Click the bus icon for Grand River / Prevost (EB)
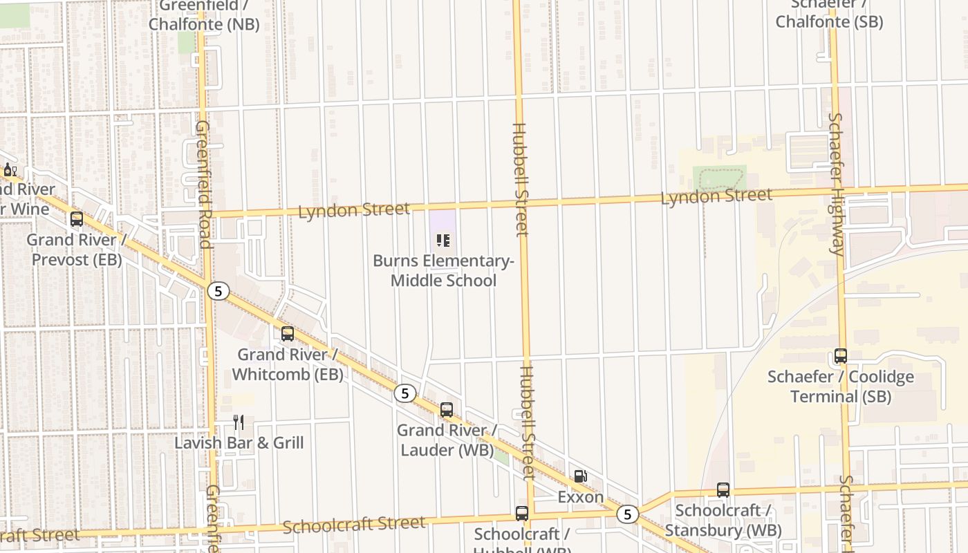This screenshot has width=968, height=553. pos(77,219)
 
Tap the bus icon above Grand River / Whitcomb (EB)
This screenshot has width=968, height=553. pos(288,334)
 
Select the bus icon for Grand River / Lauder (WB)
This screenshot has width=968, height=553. pos(447,409)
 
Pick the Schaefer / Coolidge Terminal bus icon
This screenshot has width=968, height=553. pos(841,356)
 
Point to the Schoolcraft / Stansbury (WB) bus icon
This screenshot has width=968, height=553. pos(723,490)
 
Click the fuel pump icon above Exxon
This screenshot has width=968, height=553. pos(580,476)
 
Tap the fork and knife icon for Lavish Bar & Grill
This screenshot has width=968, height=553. pos(239,422)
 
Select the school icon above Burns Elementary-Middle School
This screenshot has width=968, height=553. pos(443,241)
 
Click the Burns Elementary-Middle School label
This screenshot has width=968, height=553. pos(443,271)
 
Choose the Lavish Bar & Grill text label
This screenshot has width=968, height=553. pos(239,443)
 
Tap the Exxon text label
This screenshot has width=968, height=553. pos(580,497)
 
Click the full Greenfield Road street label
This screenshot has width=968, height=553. pos(203,185)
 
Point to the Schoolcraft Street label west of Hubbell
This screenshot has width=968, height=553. pos(354,525)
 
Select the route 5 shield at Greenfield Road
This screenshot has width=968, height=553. pos(218,291)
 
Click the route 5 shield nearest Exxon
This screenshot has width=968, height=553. pos(627,514)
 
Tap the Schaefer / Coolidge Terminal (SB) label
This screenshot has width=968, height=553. pos(841,387)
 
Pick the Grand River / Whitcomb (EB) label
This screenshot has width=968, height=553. pos(288,364)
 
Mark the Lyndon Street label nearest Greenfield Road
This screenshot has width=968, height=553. pos(353,209)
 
